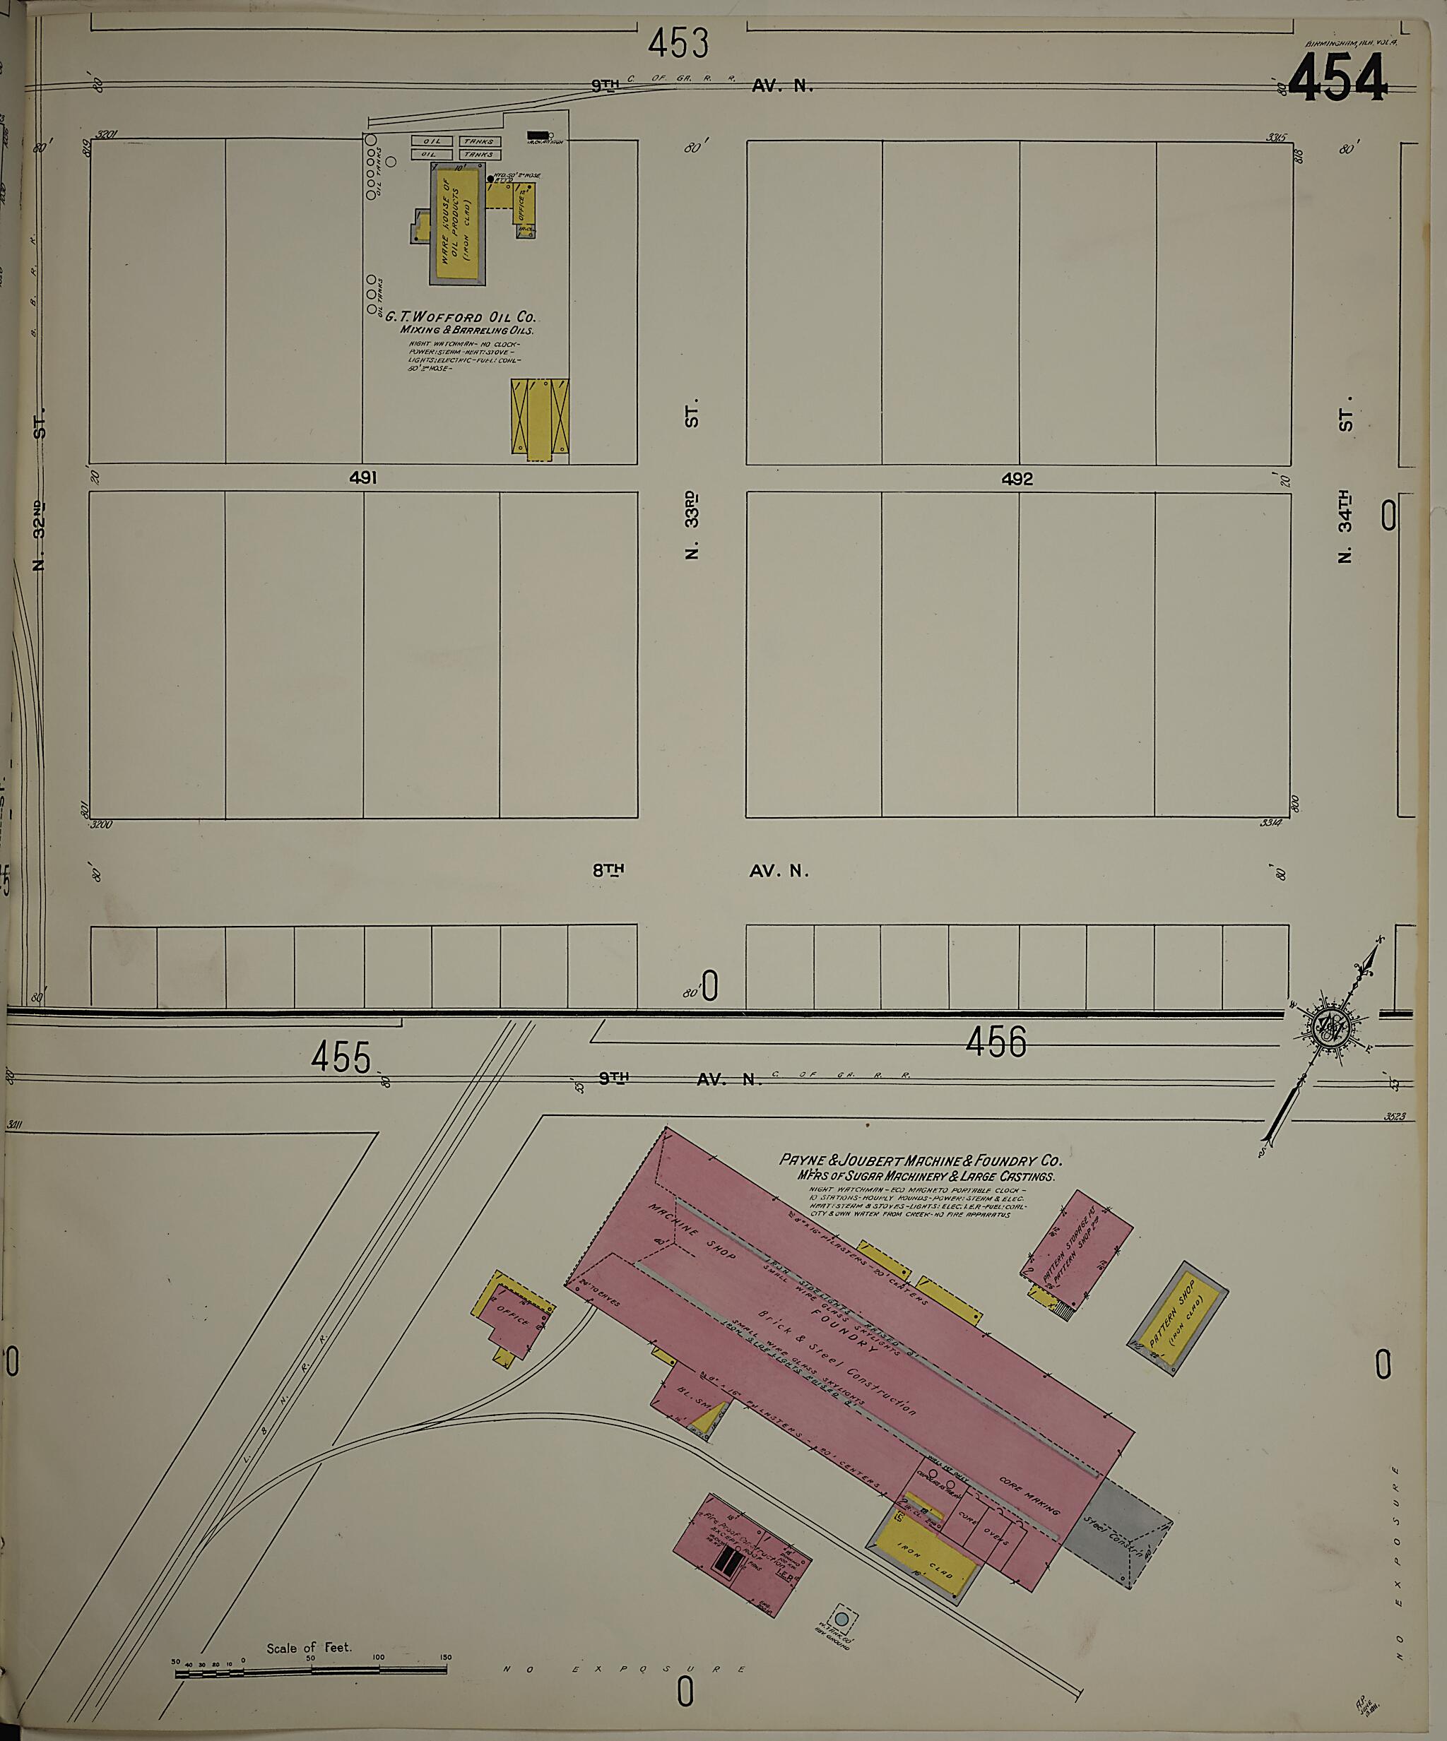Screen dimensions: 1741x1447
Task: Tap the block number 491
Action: click(x=363, y=477)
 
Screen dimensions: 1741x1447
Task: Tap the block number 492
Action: click(x=1017, y=478)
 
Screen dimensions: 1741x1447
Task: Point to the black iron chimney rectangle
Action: click(x=538, y=133)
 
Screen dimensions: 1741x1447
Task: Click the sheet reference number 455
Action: click(x=343, y=1058)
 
